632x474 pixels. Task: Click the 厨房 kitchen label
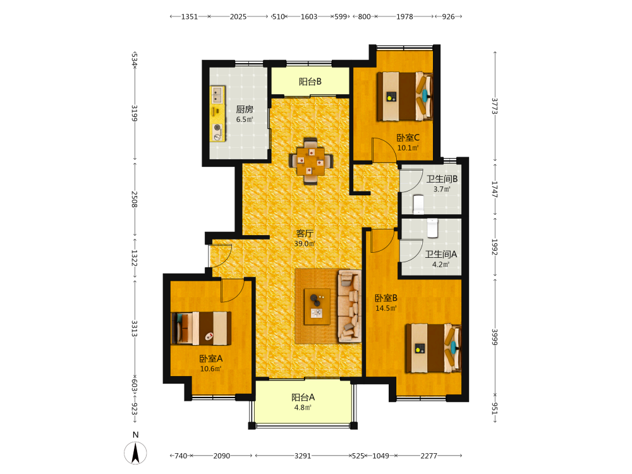245,109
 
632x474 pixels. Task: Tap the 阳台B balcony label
310,82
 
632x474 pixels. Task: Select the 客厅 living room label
305,233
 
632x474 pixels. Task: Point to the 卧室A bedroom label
211,358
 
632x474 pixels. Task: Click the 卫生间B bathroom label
442,179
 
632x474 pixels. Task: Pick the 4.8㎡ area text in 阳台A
303,408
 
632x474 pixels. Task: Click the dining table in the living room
311,161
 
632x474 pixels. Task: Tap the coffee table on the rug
317,307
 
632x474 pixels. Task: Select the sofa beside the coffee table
349,307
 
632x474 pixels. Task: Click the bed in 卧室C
404,96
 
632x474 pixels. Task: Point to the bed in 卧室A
202,328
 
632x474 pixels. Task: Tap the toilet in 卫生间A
432,228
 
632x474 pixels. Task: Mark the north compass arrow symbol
135,453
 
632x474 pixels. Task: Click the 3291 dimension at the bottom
303,456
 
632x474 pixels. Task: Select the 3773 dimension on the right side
495,106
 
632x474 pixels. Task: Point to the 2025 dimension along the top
238,16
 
